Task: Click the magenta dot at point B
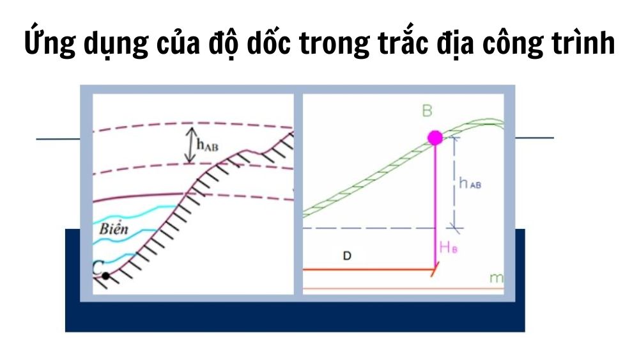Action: tap(435, 137)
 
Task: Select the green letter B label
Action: tap(427, 111)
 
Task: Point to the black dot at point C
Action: tap(106, 276)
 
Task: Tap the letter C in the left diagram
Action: tap(97, 269)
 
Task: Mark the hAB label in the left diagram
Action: tap(209, 146)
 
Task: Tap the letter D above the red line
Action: tap(346, 256)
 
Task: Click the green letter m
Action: tap(494, 278)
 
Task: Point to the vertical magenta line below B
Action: tap(435, 205)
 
